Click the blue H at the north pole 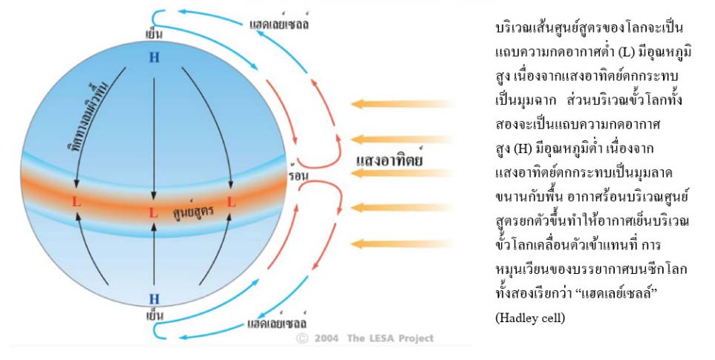(154, 57)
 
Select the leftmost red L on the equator (76, 202)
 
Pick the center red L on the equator (154, 213)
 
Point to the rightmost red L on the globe (231, 202)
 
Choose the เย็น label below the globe (154, 315)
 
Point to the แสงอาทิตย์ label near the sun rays (390, 159)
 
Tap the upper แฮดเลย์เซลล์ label (279, 24)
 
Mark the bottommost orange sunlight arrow (403, 243)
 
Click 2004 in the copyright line (327, 338)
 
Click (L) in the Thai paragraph (626, 54)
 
